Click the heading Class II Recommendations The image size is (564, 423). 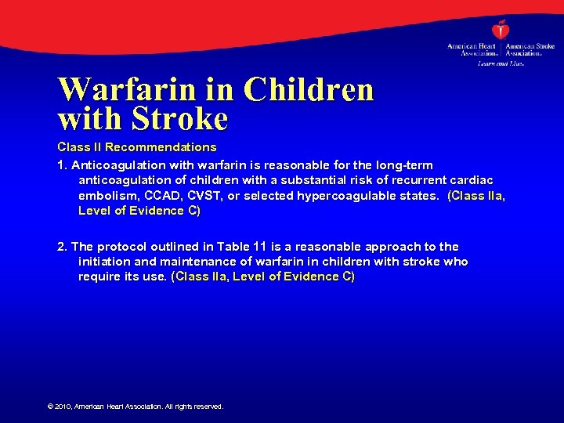tap(137, 147)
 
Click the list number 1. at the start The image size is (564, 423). tap(63, 165)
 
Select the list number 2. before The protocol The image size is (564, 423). tap(63, 247)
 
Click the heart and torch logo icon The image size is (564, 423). tap(501, 30)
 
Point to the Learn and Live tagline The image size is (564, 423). tap(501, 63)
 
